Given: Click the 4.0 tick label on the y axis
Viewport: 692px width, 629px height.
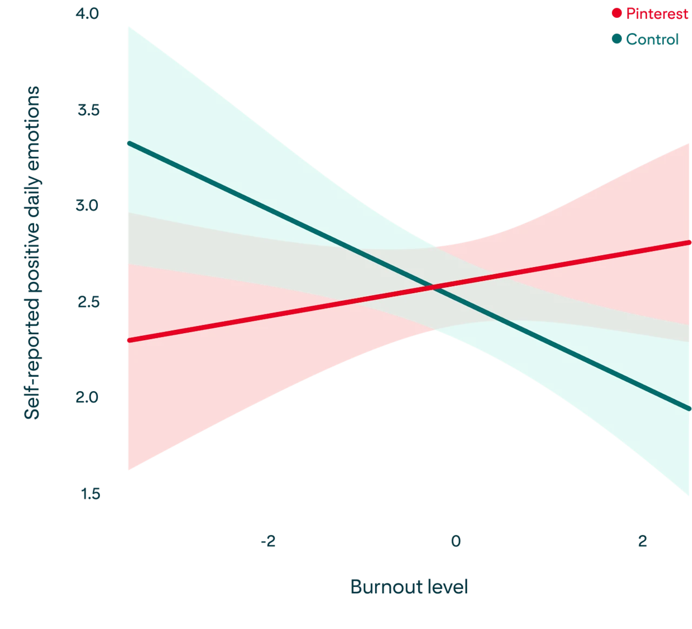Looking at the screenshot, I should [88, 14].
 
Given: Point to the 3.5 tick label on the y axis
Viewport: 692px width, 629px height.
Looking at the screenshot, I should [88, 111].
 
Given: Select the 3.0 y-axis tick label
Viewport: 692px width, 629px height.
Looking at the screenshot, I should [88, 206].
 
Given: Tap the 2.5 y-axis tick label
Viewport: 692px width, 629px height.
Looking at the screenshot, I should [88, 302].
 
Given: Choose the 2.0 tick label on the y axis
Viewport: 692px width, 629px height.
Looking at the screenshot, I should [88, 398].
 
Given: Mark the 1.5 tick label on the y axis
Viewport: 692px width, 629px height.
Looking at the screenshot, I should [90, 494].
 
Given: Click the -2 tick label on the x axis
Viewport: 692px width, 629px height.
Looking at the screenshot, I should [268, 541].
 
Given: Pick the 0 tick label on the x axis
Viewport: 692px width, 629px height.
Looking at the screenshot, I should [456, 541].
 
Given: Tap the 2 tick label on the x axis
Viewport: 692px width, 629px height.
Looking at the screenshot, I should [642, 541].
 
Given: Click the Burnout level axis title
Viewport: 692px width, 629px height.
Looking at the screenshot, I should [409, 587].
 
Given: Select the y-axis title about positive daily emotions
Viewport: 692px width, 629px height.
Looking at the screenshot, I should [32, 253].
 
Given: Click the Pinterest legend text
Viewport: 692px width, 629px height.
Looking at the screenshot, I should [657, 14].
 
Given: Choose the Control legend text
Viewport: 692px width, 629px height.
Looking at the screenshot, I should [652, 39].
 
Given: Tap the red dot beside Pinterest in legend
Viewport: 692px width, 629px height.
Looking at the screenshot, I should [616, 14].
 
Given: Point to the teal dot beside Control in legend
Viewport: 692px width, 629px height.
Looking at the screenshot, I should [616, 39].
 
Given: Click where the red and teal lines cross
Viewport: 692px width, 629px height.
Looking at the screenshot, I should [432, 286].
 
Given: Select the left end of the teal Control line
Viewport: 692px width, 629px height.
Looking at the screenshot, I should [128, 143].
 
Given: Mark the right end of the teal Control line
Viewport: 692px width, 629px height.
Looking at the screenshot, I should [690, 409].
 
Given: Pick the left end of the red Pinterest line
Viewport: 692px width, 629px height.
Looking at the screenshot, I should [128, 340].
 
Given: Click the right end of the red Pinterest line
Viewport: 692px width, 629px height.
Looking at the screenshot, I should [690, 242].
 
